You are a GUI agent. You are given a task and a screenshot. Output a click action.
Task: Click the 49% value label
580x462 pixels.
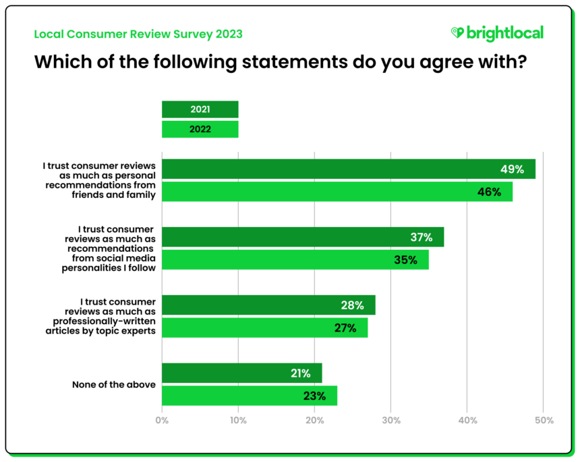(x=511, y=170)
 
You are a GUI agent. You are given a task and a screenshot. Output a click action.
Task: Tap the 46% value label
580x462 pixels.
(x=489, y=192)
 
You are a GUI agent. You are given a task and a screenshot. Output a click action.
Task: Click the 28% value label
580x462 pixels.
(x=352, y=305)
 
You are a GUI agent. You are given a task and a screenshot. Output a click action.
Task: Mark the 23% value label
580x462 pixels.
(x=314, y=396)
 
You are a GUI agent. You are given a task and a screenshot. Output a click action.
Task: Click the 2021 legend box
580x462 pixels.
(x=200, y=109)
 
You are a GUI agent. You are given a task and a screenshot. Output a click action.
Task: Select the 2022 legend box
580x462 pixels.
(x=200, y=129)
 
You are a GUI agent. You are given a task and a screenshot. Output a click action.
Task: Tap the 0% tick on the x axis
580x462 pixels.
(x=162, y=420)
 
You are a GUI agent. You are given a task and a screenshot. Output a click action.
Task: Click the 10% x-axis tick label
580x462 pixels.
(x=238, y=420)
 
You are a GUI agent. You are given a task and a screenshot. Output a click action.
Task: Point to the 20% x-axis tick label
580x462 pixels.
(x=314, y=420)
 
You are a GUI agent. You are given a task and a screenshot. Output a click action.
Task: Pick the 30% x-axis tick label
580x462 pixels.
(x=391, y=420)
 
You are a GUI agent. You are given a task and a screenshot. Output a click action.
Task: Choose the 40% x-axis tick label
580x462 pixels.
(x=467, y=420)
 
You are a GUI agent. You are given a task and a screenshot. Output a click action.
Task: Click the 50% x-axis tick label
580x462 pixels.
(x=544, y=420)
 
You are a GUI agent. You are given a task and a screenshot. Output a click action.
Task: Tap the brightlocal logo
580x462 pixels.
(x=497, y=33)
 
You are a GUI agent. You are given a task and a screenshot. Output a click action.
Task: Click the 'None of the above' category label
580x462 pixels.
(x=114, y=384)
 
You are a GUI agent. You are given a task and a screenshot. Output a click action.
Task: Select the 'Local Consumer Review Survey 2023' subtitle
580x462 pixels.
(x=138, y=34)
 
